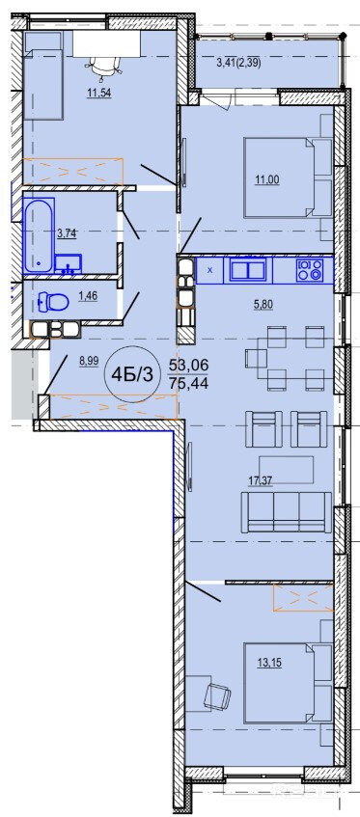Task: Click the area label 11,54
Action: [100, 94]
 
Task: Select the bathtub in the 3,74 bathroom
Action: [39, 235]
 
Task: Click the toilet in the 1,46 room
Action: [54, 302]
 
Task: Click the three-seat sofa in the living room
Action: [286, 512]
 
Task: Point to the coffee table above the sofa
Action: [287, 470]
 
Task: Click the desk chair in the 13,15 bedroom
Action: [217, 695]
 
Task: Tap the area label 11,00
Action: [266, 180]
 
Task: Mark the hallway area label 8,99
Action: [90, 362]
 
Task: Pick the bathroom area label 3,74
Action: [68, 233]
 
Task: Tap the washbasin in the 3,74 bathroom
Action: [69, 263]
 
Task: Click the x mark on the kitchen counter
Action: [210, 270]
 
